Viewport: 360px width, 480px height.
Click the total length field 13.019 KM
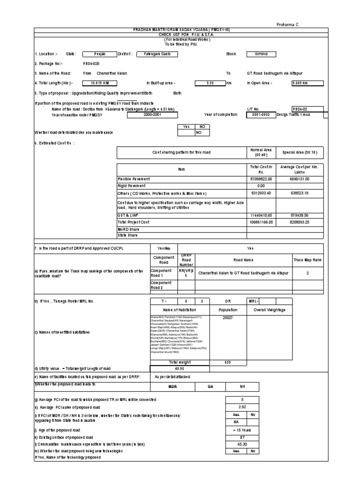pyautogui.click(x=98, y=83)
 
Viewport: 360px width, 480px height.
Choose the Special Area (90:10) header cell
pyautogui.click(x=300, y=153)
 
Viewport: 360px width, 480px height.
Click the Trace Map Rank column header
pyautogui.click(x=307, y=259)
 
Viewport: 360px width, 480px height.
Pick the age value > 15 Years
pyautogui.click(x=241, y=430)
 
